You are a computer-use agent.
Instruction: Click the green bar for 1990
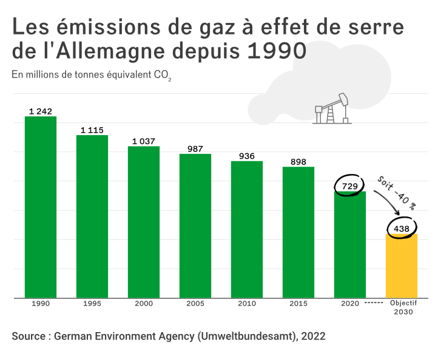[40, 207]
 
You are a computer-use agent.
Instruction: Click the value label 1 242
[41, 111]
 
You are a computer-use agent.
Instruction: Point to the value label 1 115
[92, 130]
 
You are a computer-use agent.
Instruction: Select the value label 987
[195, 148]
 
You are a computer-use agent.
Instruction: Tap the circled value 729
[350, 186]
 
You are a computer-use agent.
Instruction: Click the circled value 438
[402, 228]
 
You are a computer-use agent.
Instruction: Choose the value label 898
[298, 161]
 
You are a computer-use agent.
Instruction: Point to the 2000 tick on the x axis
[144, 303]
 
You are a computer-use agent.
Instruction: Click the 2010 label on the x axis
[247, 303]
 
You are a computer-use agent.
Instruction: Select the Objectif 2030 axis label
[402, 307]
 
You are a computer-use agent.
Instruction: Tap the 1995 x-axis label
[92, 303]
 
